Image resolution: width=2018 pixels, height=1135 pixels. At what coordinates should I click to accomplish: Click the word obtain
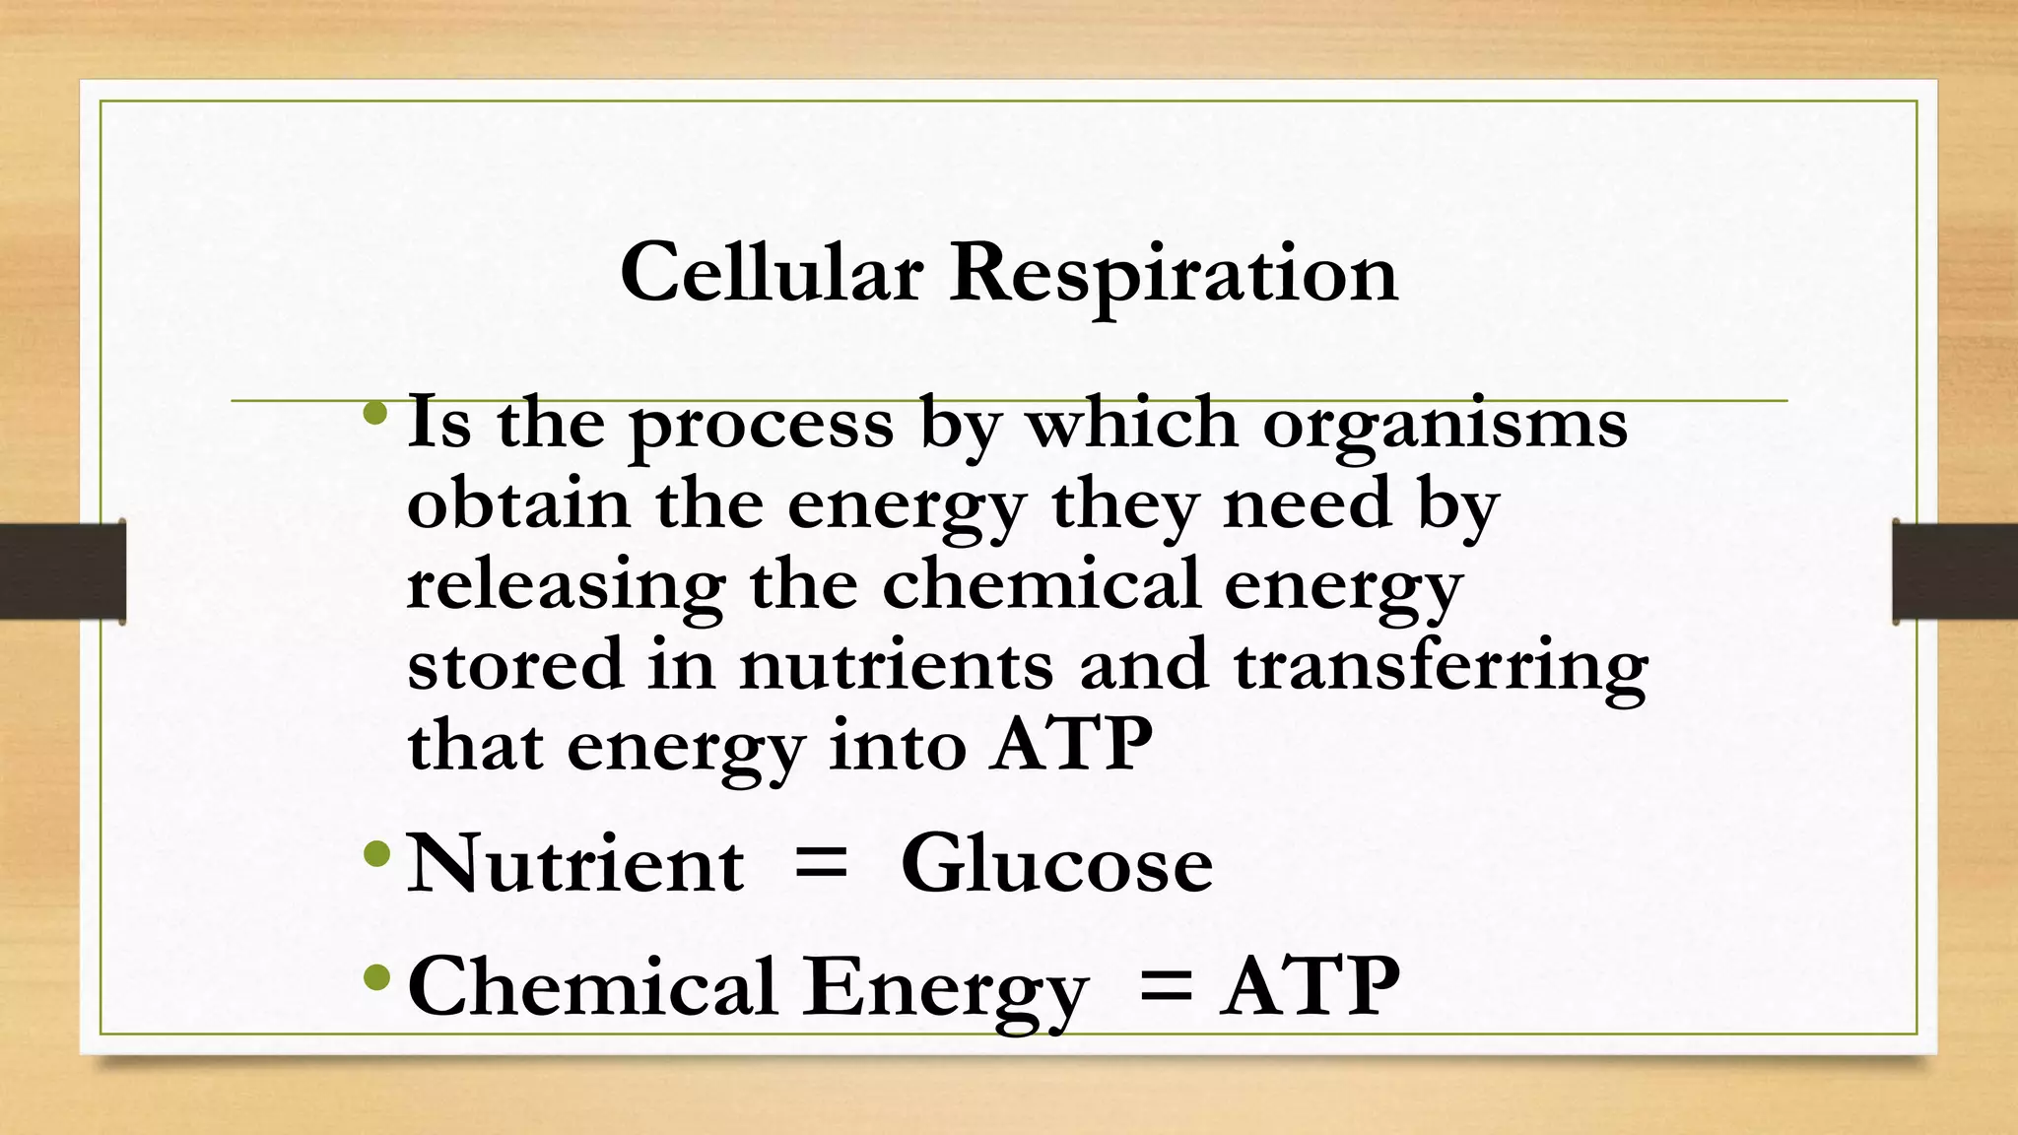tap(518, 502)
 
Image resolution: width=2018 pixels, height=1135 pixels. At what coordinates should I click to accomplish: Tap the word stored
tap(515, 663)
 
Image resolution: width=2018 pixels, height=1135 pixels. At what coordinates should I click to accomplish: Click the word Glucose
tap(1056, 864)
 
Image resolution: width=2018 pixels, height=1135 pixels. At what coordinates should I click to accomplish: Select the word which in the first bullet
tap(1131, 423)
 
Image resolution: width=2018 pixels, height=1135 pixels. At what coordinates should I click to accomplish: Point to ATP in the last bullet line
tap(1310, 985)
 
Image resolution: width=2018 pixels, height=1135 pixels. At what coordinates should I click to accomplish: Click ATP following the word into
tap(1072, 744)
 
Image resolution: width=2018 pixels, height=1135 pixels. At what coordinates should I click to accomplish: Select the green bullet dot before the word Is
tap(374, 412)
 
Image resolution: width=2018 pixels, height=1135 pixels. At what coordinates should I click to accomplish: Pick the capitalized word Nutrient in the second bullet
tap(575, 864)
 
